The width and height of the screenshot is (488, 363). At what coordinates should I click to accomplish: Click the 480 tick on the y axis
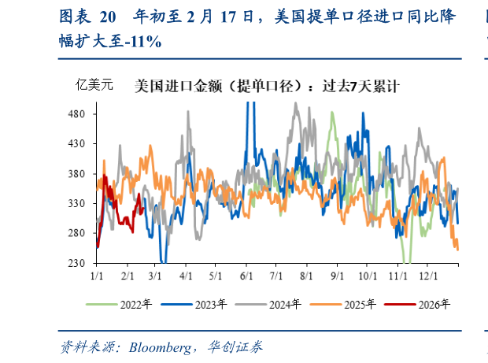point(77,113)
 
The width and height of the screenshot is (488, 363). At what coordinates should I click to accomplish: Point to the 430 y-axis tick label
point(77,143)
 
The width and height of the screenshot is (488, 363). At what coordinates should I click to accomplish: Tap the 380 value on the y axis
point(77,173)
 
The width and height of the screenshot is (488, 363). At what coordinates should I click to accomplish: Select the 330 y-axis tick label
point(77,203)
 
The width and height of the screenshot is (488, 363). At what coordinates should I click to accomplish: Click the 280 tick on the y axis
point(77,233)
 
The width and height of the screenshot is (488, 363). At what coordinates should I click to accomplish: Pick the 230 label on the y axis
point(77,263)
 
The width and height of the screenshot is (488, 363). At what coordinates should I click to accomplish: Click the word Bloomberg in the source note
point(160,347)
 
